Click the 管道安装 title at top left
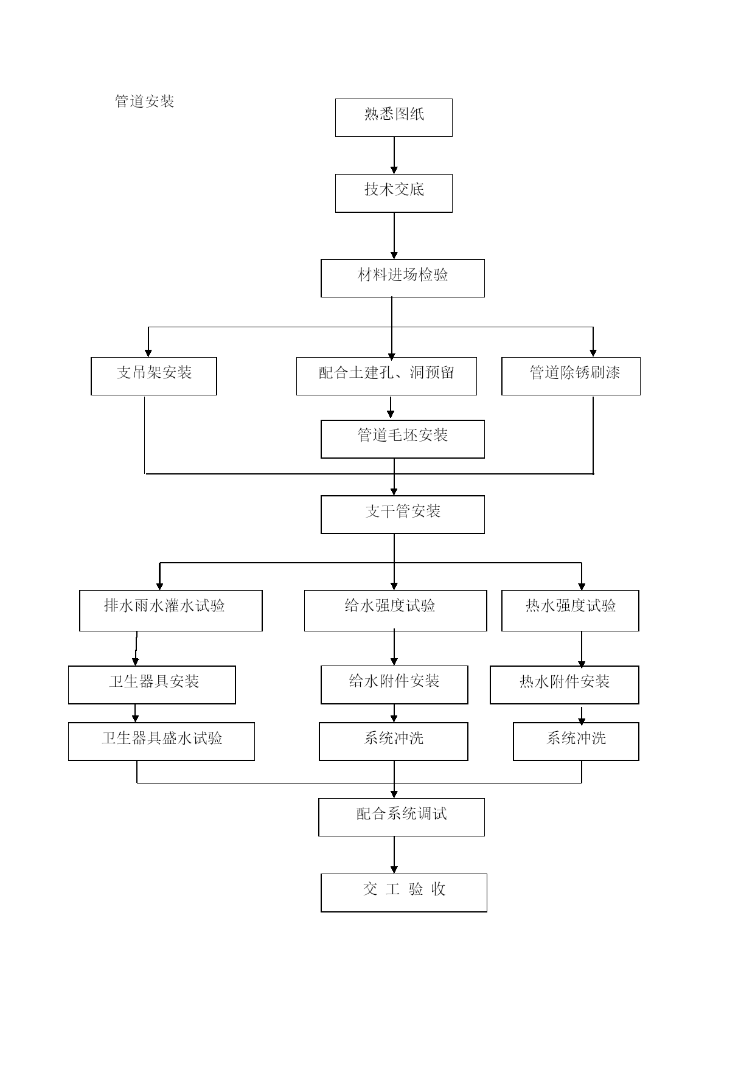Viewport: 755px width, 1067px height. pyautogui.click(x=145, y=101)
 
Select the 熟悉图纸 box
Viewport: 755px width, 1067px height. pyautogui.click(x=394, y=117)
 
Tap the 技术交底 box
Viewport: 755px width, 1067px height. pyautogui.click(x=394, y=193)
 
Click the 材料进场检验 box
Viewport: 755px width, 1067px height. pyautogui.click(x=403, y=279)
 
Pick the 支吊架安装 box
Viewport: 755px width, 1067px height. pyautogui.click(x=154, y=376)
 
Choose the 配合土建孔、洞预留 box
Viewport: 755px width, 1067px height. pyautogui.click(x=386, y=376)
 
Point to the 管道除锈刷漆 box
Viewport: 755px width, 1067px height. pyautogui.click(x=571, y=376)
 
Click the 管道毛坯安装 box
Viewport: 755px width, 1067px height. pyautogui.click(x=403, y=439)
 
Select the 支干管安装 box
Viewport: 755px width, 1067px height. pyautogui.click(x=403, y=515)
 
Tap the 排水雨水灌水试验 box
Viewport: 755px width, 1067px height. pyautogui.click(x=171, y=611)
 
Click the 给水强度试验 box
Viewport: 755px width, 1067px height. pyautogui.click(x=395, y=611)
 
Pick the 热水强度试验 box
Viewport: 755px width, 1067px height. pyautogui.click(x=570, y=611)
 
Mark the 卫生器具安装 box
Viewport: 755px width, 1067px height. pyautogui.click(x=152, y=685)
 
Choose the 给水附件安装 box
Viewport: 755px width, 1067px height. pyautogui.click(x=394, y=685)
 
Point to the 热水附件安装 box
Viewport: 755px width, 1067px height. pyautogui.click(x=565, y=685)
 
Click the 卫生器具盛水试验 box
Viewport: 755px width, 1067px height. pyautogui.click(x=161, y=742)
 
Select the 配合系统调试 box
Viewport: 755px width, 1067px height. pyautogui.click(x=402, y=817)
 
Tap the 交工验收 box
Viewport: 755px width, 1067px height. pyautogui.click(x=404, y=893)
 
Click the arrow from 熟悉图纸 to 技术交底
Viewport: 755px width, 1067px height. pyautogui.click(x=394, y=155)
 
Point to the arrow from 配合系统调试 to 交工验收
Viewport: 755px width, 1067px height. pyautogui.click(x=394, y=855)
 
